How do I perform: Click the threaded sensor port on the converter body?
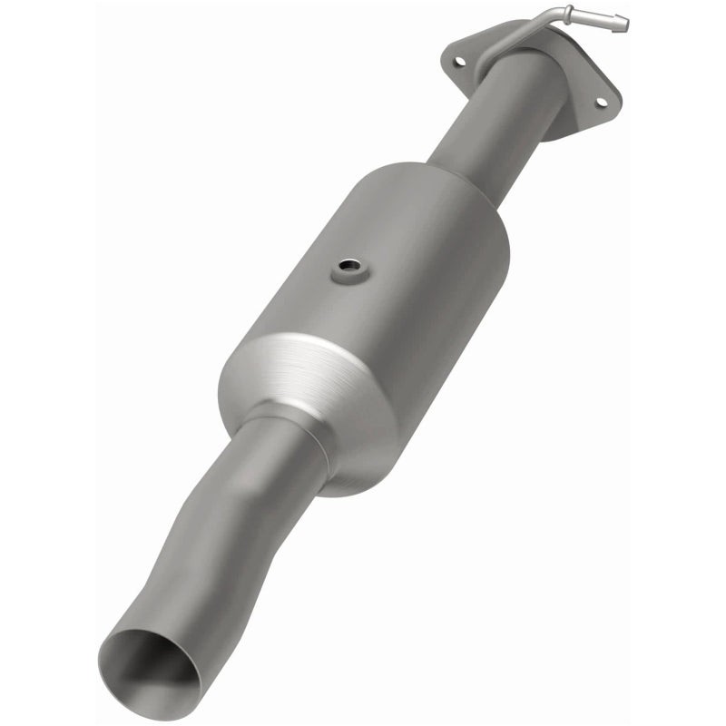348,270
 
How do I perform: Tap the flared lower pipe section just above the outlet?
181,599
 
